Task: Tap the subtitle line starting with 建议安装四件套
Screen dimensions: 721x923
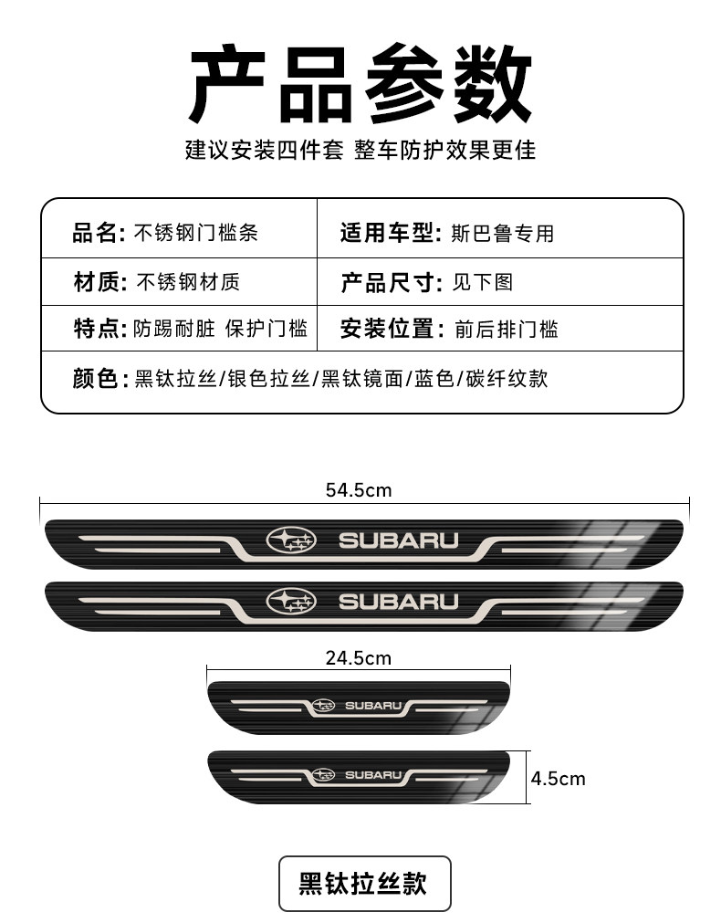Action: pos(360,150)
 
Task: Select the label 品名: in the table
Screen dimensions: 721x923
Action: pos(99,233)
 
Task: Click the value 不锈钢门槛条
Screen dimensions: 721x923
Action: pos(196,233)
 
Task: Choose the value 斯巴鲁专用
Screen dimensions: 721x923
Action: pos(502,233)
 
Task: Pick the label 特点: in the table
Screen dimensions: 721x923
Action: pos(99,329)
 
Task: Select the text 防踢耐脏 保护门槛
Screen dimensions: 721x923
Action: pos(220,329)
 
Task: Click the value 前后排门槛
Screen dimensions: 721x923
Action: pos(507,329)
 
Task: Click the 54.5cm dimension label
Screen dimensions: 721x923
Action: pos(359,490)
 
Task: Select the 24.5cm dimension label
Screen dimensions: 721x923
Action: pos(358,657)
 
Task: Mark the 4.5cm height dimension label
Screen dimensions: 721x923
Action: pos(559,779)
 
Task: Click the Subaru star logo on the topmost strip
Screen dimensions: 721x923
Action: pos(290,540)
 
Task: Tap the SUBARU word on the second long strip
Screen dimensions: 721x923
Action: pos(399,602)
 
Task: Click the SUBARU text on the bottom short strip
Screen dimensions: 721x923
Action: pos(373,775)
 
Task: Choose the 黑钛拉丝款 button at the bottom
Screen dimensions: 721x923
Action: pos(364,883)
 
